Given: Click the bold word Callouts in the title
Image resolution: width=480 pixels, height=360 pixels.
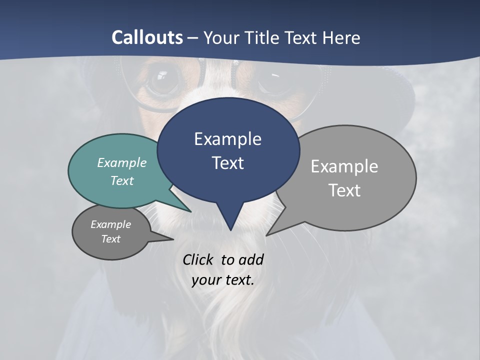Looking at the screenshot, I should pos(147,37).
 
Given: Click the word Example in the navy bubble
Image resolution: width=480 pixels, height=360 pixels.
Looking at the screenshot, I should pos(227,139).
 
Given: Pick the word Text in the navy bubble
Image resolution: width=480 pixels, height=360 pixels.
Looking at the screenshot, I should pos(227,163).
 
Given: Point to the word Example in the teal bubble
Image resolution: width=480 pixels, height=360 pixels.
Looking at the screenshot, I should pos(122,162).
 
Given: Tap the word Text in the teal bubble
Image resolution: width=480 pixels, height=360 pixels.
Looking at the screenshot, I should pos(122,180).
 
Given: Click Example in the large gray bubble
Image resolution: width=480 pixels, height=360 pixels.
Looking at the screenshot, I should pos(344,166).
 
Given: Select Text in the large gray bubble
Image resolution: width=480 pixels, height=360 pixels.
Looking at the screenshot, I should pos(344,190).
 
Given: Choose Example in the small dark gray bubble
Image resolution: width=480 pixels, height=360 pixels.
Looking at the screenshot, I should pos(110,224).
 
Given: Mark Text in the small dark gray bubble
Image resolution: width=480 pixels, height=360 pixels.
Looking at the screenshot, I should pos(110,239).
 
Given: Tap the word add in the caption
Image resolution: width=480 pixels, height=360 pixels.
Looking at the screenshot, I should pos(250,259).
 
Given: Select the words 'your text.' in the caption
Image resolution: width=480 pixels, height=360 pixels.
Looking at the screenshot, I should pos(223,280).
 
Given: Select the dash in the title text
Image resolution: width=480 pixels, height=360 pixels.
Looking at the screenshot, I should pos(193,38).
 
